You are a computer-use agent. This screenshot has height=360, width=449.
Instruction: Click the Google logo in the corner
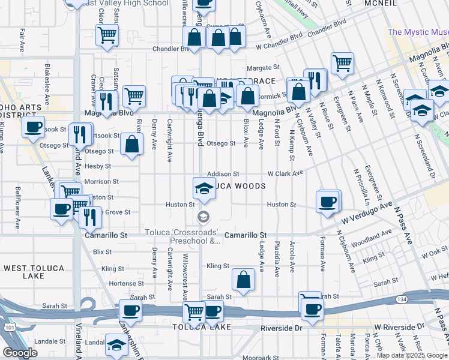pyautogui.click(x=20, y=353)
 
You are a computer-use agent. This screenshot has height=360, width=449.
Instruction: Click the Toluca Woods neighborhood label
pyautogui.click(x=237, y=187)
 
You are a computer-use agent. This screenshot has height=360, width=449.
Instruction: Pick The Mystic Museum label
pyautogui.click(x=417, y=32)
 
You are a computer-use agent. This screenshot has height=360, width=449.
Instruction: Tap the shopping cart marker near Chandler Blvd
pyautogui.click(x=107, y=34)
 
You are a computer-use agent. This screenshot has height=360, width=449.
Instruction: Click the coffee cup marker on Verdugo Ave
pyautogui.click(x=328, y=201)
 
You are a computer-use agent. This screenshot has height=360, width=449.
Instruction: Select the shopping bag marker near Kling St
pyautogui.click(x=243, y=280)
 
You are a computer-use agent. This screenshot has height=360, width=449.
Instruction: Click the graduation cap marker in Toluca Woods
pyautogui.click(x=204, y=188)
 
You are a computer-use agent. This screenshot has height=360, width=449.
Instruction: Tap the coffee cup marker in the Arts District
pyautogui.click(x=34, y=127)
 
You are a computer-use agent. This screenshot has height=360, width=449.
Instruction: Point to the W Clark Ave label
pyautogui.click(x=285, y=173)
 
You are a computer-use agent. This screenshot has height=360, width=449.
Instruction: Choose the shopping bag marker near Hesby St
pyautogui.click(x=132, y=144)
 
